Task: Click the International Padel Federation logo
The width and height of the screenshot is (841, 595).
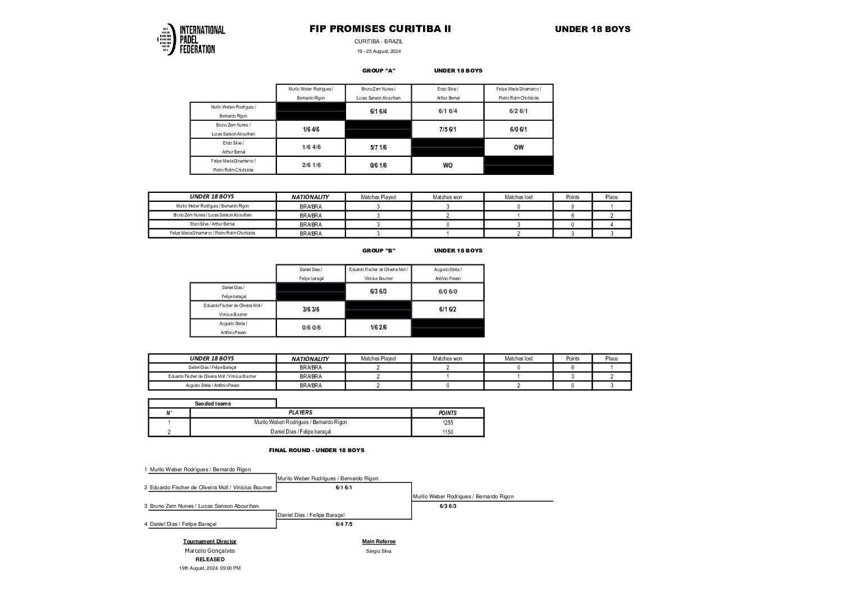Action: [x=191, y=39]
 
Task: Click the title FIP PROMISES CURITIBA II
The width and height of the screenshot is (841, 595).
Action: [x=380, y=29]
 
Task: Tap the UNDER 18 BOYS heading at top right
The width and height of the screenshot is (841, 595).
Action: [x=593, y=29]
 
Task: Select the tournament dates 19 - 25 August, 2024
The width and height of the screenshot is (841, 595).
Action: [x=379, y=51]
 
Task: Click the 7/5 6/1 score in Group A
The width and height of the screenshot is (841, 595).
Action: [x=447, y=129]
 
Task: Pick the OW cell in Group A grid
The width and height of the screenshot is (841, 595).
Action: [x=518, y=147]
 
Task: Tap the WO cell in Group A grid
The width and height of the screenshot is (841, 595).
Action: [x=447, y=165]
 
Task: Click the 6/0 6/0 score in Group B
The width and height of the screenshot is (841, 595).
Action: [x=447, y=291]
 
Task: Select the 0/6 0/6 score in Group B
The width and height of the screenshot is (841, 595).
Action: [x=311, y=327]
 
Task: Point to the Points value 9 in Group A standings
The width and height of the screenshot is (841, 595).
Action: [x=572, y=206]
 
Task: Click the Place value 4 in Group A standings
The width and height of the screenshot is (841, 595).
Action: [x=611, y=224]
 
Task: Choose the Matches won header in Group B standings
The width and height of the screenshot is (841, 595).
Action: [x=447, y=358]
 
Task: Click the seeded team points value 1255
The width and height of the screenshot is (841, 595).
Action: [x=447, y=422]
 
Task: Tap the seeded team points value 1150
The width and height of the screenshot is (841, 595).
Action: [x=447, y=432]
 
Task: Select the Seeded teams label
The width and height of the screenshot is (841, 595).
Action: [x=212, y=404]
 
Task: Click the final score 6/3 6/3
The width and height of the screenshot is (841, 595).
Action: [x=448, y=506]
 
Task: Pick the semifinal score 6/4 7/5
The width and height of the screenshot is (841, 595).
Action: [x=344, y=524]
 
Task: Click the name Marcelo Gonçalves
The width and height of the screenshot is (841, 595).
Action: [x=210, y=551]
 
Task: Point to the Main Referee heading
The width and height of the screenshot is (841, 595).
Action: [x=379, y=542]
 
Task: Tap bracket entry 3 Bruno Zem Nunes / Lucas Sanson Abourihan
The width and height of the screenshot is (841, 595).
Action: [x=204, y=506]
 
